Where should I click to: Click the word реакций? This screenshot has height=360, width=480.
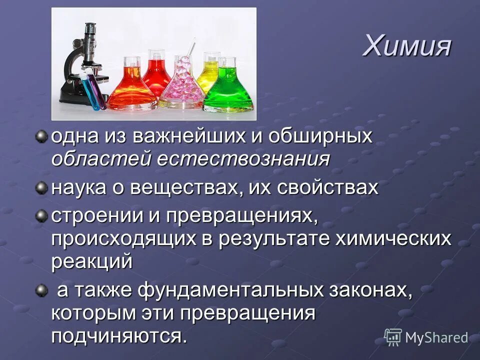click(x=92, y=261)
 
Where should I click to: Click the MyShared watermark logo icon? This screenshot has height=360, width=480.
click(x=393, y=336)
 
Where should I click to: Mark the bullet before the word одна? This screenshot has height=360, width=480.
click(x=41, y=136)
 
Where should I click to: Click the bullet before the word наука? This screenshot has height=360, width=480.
click(x=41, y=187)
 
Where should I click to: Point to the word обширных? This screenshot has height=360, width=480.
click(x=320, y=136)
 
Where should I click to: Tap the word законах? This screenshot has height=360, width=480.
click(x=370, y=290)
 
